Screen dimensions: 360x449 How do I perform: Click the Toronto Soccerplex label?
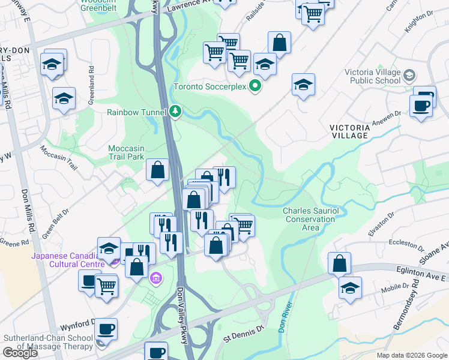(x=209, y=86)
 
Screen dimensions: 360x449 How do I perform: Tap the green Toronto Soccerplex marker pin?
(x=255, y=86)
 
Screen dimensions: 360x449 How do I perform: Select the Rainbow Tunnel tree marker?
(x=175, y=111)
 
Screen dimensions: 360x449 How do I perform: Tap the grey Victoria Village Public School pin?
(x=410, y=76)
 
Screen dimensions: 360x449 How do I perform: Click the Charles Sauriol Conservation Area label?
(x=310, y=219)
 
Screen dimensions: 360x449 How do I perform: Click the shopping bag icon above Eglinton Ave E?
(x=340, y=263)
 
